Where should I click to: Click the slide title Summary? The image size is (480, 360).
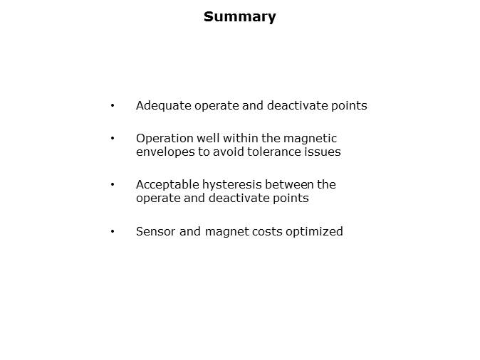click(x=239, y=16)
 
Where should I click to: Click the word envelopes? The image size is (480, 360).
click(x=165, y=152)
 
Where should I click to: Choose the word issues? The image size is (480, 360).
click(x=321, y=152)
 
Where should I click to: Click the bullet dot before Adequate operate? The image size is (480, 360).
click(x=113, y=106)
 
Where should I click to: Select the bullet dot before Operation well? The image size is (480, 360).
click(x=113, y=138)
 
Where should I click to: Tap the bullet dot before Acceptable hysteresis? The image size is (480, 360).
click(x=113, y=184)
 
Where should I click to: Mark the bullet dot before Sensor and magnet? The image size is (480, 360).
click(x=113, y=231)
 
